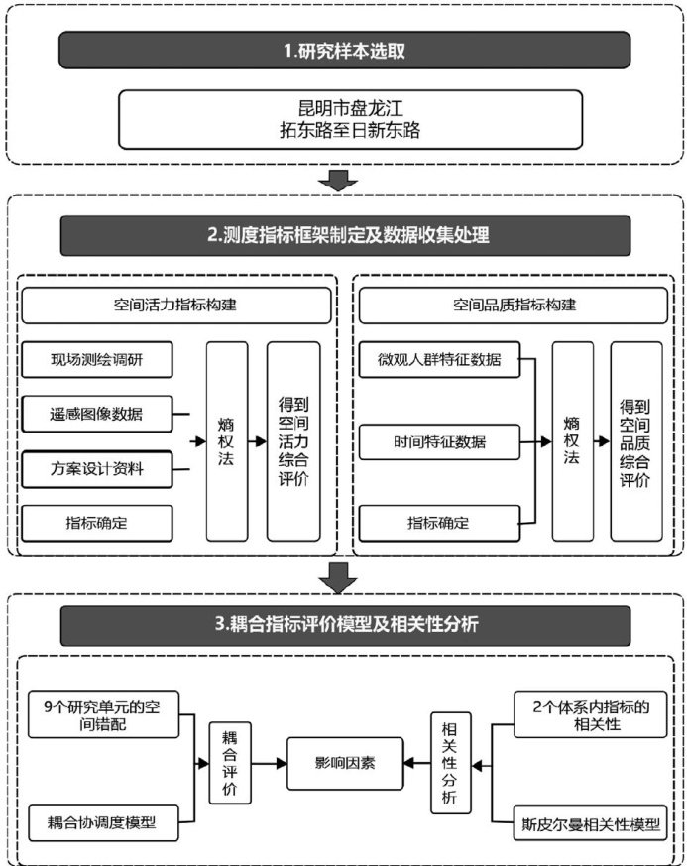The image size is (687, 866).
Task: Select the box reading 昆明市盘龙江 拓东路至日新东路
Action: click(x=344, y=117)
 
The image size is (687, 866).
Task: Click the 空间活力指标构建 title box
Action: click(x=175, y=306)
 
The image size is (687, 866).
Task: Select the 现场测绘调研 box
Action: click(x=97, y=358)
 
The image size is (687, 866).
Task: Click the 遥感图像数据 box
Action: click(x=97, y=414)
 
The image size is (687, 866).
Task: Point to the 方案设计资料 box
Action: click(x=97, y=468)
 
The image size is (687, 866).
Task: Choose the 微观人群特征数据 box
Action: click(x=439, y=359)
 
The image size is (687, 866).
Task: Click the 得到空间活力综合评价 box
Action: click(x=293, y=440)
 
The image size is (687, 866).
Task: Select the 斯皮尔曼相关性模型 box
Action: click(x=590, y=822)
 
